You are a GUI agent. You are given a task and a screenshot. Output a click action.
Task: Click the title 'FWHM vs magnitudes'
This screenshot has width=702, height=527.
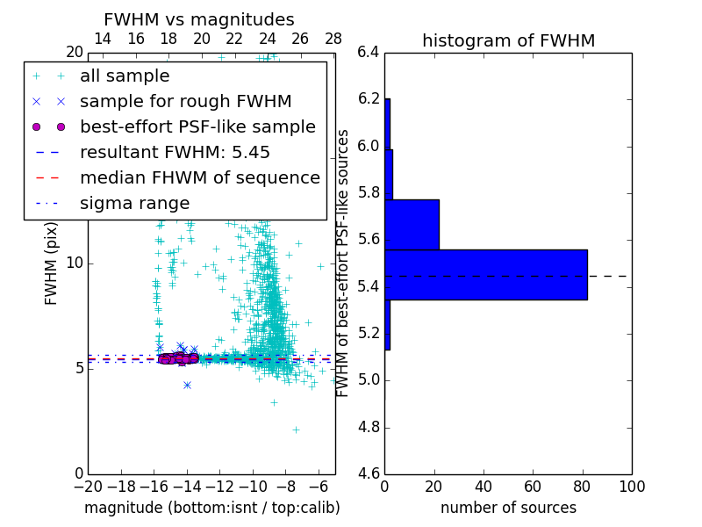click(199, 19)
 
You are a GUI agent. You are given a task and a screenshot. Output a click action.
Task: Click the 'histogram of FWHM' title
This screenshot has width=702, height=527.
click(508, 40)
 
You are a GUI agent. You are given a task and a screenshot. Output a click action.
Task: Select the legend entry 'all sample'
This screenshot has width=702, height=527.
click(125, 76)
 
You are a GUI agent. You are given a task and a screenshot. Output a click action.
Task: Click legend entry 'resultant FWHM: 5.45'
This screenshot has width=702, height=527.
click(175, 152)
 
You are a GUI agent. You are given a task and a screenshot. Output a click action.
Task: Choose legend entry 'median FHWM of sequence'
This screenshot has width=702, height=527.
click(199, 177)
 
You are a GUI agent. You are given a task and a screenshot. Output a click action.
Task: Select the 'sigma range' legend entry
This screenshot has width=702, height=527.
click(134, 203)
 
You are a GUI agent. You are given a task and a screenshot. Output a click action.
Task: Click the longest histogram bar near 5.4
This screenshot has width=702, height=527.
click(485, 275)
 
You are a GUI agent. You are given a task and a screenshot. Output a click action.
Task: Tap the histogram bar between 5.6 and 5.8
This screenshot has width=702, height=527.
click(412, 224)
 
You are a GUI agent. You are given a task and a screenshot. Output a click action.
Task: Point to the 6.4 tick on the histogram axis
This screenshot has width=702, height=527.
click(368, 52)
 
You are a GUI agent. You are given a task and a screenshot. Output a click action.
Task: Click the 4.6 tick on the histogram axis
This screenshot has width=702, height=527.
click(368, 474)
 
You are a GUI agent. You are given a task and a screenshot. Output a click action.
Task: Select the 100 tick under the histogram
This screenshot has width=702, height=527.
click(632, 486)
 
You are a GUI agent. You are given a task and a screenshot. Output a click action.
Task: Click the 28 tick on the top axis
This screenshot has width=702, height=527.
click(333, 39)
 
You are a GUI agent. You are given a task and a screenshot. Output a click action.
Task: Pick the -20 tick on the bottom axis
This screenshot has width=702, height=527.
click(88, 486)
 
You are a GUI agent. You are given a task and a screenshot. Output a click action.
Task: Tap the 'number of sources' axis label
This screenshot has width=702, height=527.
click(508, 508)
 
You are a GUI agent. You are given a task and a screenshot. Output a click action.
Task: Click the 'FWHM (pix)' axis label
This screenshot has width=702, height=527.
click(52, 263)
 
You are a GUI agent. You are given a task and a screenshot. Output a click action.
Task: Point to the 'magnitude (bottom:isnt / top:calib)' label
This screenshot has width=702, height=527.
click(211, 508)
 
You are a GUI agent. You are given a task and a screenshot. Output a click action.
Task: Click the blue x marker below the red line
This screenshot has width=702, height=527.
click(187, 385)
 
